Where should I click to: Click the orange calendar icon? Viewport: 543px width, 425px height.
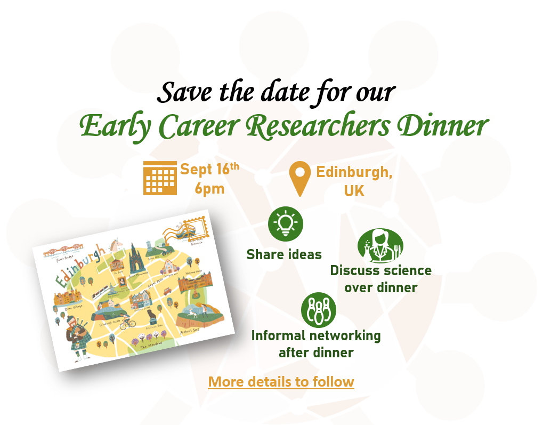click(160, 178)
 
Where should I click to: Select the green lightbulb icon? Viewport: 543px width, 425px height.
click(285, 224)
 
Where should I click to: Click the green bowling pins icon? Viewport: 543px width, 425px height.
click(319, 310)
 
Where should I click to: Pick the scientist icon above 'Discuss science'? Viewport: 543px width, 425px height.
click(380, 246)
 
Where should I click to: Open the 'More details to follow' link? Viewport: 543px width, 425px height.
click(281, 382)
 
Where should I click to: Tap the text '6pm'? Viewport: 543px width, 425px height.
click(209, 189)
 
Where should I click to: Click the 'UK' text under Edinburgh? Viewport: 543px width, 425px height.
click(354, 190)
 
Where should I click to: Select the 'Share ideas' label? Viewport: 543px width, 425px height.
click(284, 254)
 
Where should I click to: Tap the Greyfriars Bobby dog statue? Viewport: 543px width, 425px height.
click(153, 315)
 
